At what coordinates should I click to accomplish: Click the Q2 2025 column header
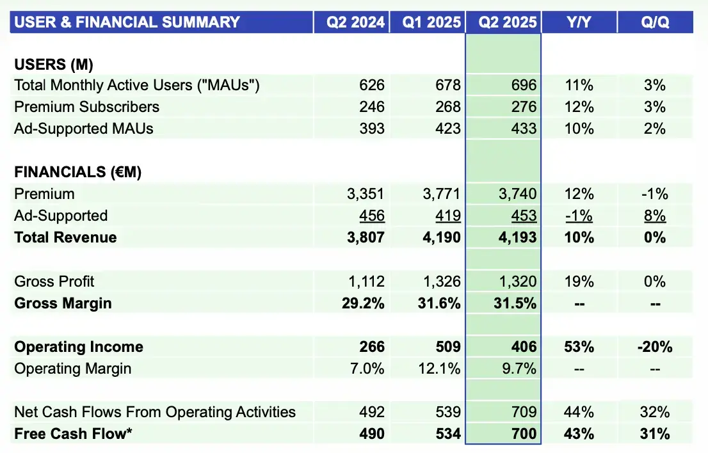coord(503,22)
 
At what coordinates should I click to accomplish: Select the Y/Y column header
coord(579,22)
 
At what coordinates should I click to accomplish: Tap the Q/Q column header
coord(655,22)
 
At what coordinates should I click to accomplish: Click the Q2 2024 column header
coord(355,22)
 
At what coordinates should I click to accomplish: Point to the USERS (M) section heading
coord(54,64)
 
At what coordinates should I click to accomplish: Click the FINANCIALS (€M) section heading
coord(77,172)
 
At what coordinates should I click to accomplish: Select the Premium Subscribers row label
coord(86,107)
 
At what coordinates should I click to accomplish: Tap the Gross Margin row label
coord(63,303)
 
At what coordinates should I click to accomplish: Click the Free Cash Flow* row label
coord(73,434)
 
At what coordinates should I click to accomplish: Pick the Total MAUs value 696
coord(524,85)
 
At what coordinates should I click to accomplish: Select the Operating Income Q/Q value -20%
coord(655,347)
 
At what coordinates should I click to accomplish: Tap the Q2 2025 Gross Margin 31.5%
coord(515,303)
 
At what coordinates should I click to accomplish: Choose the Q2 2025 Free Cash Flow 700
coord(524,434)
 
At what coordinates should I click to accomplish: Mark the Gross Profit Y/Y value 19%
coord(579,282)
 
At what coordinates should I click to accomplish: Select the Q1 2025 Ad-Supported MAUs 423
coord(447,129)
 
